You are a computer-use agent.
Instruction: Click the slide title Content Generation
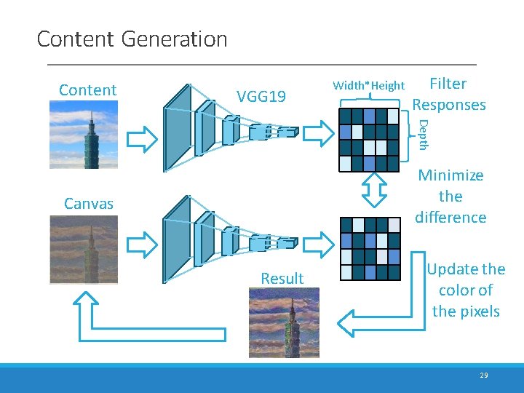click(132, 39)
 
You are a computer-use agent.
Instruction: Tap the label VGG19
click(261, 96)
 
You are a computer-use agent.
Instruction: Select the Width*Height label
click(368, 85)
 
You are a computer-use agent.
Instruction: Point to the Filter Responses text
click(449, 94)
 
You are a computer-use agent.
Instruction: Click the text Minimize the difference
click(450, 196)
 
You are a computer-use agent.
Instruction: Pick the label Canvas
click(89, 204)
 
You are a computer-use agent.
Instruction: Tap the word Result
click(282, 278)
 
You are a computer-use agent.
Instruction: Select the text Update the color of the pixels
click(466, 290)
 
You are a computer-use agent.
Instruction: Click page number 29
click(484, 376)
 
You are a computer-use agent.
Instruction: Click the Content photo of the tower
click(83, 135)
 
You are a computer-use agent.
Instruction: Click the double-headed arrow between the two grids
click(372, 194)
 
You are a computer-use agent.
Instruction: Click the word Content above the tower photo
click(87, 90)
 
